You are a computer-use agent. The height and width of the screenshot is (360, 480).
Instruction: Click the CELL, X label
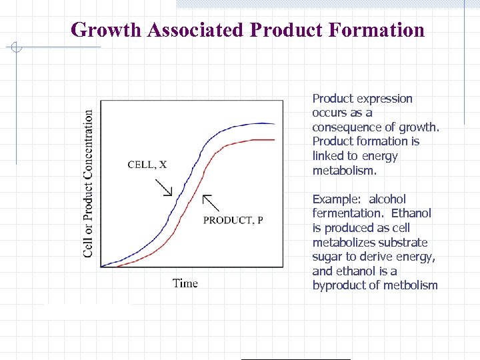147,165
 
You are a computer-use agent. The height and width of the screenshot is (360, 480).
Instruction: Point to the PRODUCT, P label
233,220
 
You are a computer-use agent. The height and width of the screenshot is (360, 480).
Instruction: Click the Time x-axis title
185,283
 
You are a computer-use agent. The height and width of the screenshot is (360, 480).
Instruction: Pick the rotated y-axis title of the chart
88,183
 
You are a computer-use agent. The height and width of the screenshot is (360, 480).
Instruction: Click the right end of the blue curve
274,123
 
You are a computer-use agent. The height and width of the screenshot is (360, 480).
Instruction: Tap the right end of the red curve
274,140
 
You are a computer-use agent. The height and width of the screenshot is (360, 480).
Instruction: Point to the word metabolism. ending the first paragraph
345,171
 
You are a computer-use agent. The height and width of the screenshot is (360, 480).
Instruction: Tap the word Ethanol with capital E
411,213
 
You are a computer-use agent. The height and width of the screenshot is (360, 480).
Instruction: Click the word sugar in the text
327,257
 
